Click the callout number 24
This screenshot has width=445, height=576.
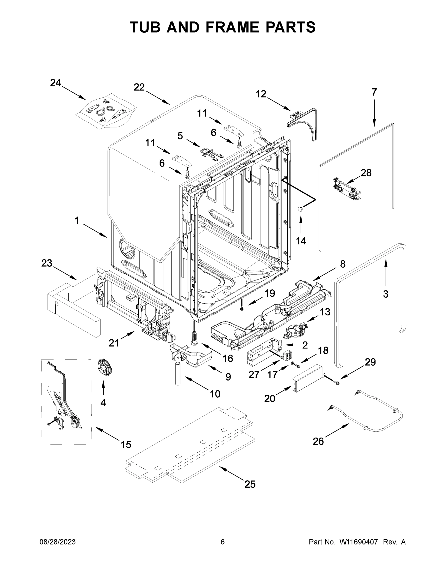click(55, 83)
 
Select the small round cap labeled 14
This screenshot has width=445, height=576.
click(300, 209)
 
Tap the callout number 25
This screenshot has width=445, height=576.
click(250, 485)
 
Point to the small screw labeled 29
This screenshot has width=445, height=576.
click(336, 382)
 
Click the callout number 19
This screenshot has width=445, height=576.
click(269, 293)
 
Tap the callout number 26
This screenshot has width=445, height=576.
click(318, 441)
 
